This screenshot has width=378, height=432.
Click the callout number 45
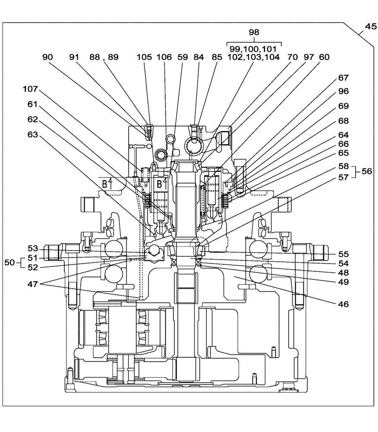point(370,26)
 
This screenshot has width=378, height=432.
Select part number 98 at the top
point(254,32)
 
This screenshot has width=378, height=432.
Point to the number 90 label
point(48,57)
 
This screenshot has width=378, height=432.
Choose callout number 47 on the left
point(42,285)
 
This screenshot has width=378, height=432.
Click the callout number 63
point(33,135)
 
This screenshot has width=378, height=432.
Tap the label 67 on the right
point(343,78)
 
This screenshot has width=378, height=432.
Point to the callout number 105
point(145,57)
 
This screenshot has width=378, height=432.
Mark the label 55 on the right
point(343,254)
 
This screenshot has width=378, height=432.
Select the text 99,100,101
point(254,49)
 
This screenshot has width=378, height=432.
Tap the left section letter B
point(104,184)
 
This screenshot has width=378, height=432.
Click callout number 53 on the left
point(33,248)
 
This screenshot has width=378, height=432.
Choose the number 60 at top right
point(324,57)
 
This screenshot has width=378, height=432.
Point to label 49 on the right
point(343,282)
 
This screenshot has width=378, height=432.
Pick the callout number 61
point(33,104)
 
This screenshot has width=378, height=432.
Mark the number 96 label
point(343,91)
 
